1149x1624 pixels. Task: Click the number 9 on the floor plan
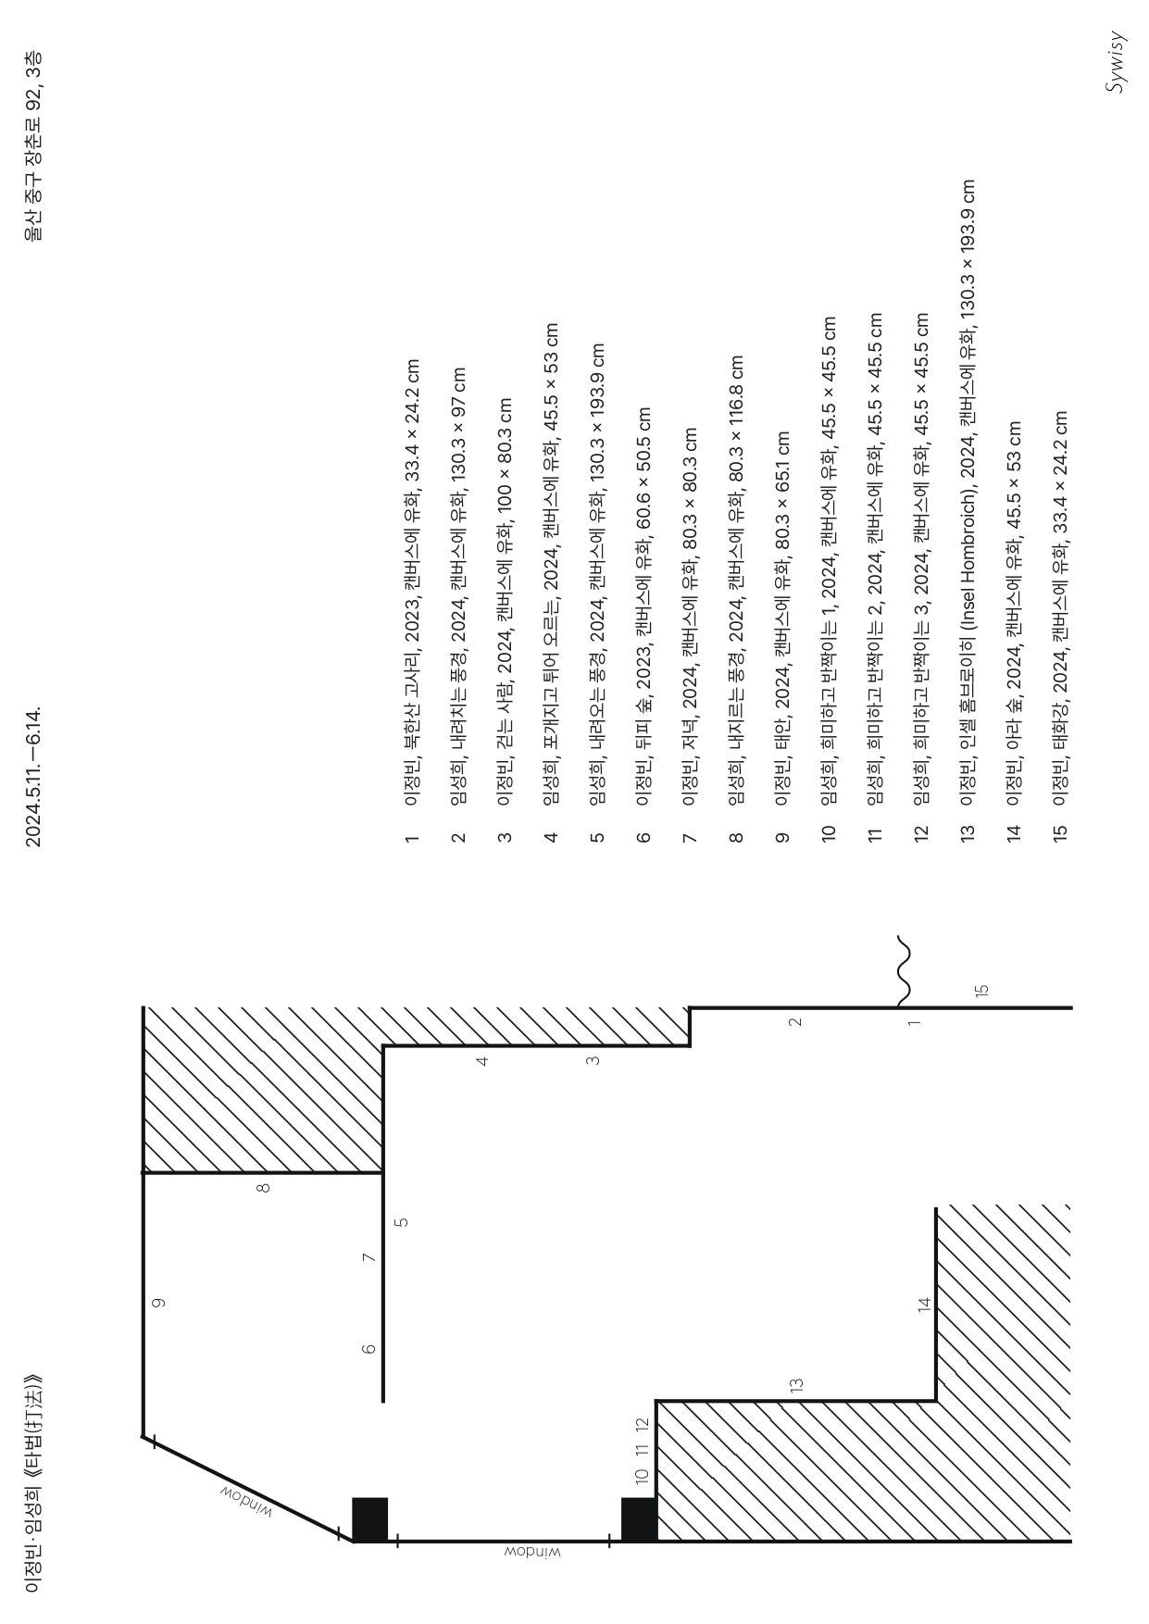click(x=159, y=1303)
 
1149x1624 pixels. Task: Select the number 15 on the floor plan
click(x=982, y=989)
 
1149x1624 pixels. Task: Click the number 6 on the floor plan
click(x=369, y=1349)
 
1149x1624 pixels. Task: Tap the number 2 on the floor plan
click(x=794, y=1022)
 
